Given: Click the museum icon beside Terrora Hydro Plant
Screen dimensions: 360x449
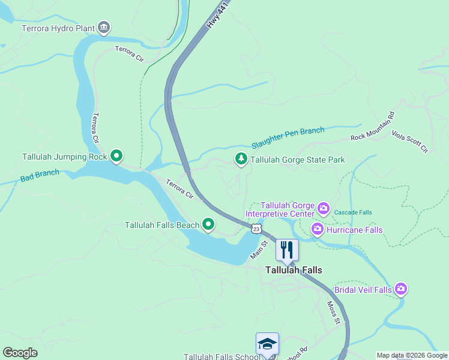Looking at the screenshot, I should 104,28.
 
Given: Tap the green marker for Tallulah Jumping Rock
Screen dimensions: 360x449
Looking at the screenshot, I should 116,157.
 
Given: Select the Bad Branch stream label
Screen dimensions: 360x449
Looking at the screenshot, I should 40,176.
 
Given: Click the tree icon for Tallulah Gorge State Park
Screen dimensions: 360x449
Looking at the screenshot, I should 241,159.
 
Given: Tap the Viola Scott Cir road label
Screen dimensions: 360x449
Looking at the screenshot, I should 409,141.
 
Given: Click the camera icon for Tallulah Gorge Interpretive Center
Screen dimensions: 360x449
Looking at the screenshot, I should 324,209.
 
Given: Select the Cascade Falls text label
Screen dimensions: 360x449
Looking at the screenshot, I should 353,212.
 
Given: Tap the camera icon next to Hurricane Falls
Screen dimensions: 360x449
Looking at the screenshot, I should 317,229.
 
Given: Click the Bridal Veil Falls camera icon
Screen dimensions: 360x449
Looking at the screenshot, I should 401,289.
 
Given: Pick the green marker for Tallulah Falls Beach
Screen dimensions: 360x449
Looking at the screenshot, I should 208,224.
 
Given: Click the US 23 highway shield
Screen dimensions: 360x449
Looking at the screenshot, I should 256,229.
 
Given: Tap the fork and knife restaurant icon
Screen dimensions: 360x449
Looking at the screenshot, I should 287,249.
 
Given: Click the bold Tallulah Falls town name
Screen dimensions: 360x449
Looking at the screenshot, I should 294,270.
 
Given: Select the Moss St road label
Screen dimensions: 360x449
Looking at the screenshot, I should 334,313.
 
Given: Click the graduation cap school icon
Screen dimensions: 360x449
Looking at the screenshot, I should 267,344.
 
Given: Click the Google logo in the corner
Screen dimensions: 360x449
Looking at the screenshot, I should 20,353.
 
